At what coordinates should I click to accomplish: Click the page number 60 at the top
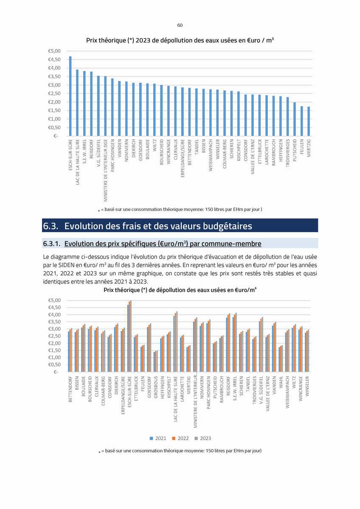pos(180,25)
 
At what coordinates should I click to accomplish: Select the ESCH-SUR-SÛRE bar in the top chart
pos(70,96)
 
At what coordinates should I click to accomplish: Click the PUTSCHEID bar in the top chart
pos(295,119)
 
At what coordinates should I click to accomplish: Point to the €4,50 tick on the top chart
pos(54,60)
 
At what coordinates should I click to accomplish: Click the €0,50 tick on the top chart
pos(54,128)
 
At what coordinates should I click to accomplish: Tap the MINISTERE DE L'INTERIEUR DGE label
pos(106,170)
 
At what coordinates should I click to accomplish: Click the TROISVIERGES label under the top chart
pos(287,153)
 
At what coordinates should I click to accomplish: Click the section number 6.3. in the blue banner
pos(51,226)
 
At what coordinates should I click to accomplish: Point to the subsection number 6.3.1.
pos(52,244)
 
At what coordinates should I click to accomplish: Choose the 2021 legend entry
pos(158,438)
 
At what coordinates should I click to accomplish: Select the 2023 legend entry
pos(202,438)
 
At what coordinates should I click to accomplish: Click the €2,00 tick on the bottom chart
pos(54,343)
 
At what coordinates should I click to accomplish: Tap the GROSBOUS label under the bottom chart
pos(156,387)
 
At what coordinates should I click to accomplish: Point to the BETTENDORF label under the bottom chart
pos(70,389)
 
